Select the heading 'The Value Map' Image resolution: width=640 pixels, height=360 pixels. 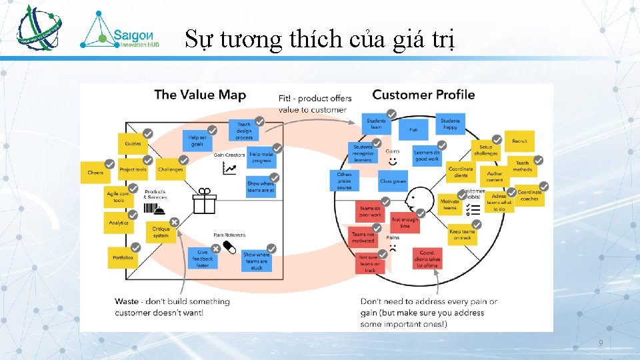pos(200,95)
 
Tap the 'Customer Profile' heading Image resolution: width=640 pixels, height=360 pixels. pos(423,95)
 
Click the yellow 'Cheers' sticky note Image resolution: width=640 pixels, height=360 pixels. pos(95,172)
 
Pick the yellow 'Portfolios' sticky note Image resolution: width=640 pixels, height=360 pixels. pos(122,257)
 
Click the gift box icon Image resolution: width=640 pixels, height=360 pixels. pos(205,200)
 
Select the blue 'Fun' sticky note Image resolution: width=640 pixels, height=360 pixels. pos(413,129)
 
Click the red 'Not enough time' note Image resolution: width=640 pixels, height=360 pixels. pos(405,223)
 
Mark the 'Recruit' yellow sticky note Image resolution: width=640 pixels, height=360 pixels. pos(519,141)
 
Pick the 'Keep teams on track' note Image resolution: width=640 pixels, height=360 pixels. pos(462,235)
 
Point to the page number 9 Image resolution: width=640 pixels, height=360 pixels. pos(601,343)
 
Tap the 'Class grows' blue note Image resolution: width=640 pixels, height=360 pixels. pos(393,181)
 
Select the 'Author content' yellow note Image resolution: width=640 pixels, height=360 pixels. pos(494,176)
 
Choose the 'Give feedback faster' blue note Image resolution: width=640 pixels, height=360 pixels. pos(203,257)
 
